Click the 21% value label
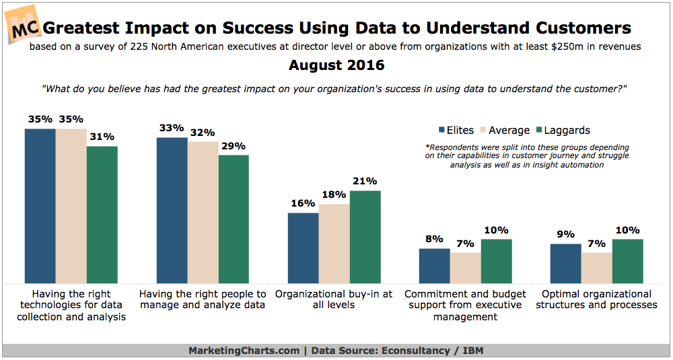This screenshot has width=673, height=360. click(x=365, y=181)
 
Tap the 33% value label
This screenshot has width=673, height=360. click(x=171, y=128)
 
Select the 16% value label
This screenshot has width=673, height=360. click(x=303, y=203)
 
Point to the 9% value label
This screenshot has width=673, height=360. click(x=566, y=234)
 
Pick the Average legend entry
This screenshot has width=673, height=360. click(x=503, y=131)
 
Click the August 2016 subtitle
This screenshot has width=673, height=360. click(x=336, y=65)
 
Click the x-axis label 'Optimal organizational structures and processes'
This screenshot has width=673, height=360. click(x=596, y=299)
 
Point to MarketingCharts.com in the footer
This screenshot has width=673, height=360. click(x=244, y=350)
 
